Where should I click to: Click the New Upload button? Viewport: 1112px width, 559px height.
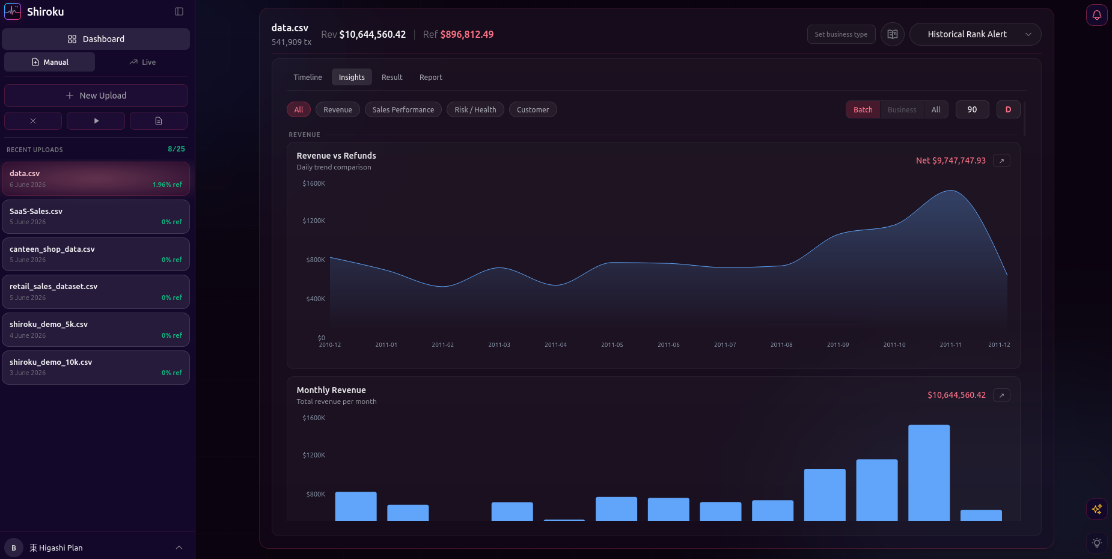pos(96,96)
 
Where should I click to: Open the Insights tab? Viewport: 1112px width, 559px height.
pos(352,78)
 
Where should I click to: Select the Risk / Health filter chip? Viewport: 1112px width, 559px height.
pos(475,109)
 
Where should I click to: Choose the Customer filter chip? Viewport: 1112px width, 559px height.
pos(533,109)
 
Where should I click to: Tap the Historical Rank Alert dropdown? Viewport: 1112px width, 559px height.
pos(975,34)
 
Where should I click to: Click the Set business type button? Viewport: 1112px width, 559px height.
pos(841,34)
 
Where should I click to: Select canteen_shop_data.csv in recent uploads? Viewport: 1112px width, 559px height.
pos(96,254)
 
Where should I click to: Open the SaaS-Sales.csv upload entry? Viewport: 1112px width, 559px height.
pos(96,216)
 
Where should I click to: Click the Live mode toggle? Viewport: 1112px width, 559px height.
pos(142,62)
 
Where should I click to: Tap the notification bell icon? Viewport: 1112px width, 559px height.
pos(1097,15)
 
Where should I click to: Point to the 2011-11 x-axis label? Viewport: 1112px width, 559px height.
pos(950,345)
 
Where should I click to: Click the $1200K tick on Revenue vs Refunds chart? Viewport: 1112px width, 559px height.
pos(314,221)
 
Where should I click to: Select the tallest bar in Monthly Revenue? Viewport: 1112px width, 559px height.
pos(929,473)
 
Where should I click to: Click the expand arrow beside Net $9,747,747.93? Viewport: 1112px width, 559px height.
pos(1001,160)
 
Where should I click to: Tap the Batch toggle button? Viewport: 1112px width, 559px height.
pos(863,109)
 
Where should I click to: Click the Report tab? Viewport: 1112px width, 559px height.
pos(430,78)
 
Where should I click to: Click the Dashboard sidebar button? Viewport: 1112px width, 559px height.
pos(96,39)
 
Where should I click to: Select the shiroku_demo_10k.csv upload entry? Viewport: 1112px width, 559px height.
pos(96,367)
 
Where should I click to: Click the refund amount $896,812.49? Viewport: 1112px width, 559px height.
pos(466,34)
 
